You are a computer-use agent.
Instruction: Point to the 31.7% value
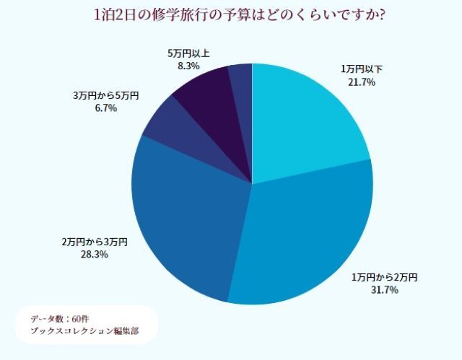pos(384,290)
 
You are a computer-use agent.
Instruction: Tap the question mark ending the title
pos(380,15)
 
